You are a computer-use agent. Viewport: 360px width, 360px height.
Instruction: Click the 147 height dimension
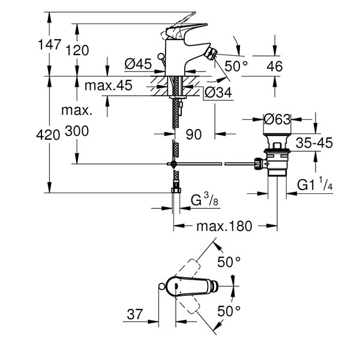point(49,44)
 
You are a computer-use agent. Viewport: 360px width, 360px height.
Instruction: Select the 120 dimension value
point(77,50)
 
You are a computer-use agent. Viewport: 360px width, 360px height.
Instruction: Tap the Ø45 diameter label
point(138,64)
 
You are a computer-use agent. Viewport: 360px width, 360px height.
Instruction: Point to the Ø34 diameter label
point(218,92)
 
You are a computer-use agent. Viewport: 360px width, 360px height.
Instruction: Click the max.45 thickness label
point(109,85)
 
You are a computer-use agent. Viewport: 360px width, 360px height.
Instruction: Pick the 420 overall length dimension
point(48,134)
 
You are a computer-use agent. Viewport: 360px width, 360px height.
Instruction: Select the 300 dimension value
point(77,131)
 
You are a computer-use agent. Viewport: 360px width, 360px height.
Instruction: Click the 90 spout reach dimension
point(194,134)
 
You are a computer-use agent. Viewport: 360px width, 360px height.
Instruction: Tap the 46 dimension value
point(275,67)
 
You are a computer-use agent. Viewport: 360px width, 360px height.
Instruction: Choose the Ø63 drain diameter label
point(277,119)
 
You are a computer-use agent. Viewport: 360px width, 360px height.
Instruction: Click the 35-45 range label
point(314,143)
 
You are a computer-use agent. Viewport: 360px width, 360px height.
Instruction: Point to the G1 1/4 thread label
point(315,184)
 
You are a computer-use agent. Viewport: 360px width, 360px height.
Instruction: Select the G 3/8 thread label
point(205,200)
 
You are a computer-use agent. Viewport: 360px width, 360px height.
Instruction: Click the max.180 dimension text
point(224,226)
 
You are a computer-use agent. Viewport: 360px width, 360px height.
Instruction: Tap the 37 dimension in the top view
point(135,314)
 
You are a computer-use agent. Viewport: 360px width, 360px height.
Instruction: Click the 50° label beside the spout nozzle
point(236,66)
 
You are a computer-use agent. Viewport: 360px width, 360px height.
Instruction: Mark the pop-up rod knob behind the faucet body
point(161,56)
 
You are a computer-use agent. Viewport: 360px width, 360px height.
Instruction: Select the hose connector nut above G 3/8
point(176,190)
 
